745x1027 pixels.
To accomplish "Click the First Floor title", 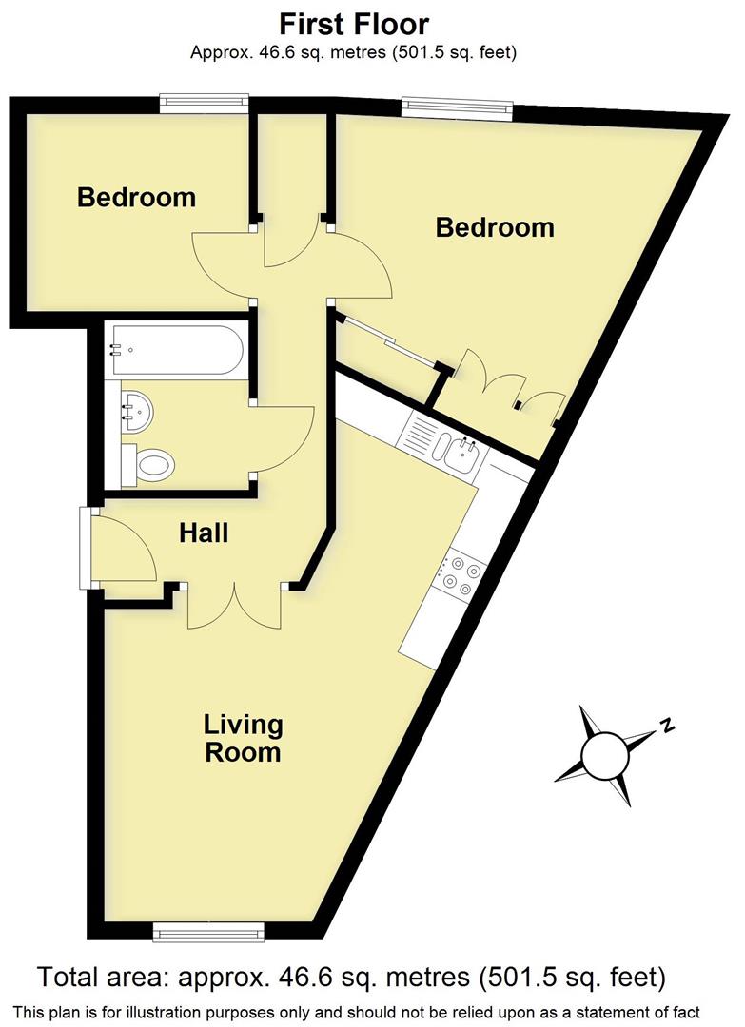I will pyautogui.click(x=353, y=24).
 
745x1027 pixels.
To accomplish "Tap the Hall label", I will pyautogui.click(x=204, y=533).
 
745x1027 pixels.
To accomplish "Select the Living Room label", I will pyautogui.click(x=244, y=738).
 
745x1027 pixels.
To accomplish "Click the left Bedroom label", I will pyautogui.click(x=136, y=198).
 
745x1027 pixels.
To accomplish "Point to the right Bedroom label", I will pyautogui.click(x=494, y=227).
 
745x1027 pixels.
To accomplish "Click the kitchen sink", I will pyautogui.click(x=462, y=455).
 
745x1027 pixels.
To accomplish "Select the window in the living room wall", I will pyautogui.click(x=208, y=933).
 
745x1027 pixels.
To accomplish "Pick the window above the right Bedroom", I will pyautogui.click(x=457, y=107).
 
